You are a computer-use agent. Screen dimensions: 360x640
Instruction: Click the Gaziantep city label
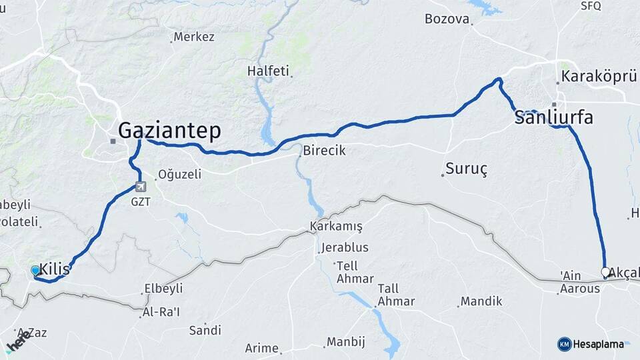point(169,131)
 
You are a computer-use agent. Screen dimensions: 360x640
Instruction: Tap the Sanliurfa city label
point(553,118)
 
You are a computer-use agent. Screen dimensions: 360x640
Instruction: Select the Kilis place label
point(55,269)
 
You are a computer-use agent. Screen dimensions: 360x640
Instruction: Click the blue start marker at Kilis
point(35,271)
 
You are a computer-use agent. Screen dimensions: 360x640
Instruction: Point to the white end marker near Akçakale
point(605,272)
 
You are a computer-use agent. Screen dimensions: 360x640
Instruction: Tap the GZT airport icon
point(140,187)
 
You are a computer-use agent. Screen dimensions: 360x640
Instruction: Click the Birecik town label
point(324,151)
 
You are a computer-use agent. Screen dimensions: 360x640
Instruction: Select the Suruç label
point(467,169)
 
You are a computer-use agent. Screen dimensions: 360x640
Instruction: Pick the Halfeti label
point(268,71)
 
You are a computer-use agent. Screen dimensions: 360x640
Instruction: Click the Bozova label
point(447,19)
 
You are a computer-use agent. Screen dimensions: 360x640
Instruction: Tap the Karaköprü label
point(599,77)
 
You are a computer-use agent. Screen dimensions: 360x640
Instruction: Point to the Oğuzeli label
point(179,175)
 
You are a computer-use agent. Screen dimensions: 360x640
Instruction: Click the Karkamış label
point(336,227)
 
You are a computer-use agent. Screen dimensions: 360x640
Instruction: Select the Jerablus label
point(344,247)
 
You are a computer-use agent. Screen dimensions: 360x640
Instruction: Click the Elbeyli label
point(162,289)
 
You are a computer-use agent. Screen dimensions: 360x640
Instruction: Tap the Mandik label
point(481,301)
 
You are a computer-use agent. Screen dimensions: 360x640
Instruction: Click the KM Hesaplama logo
point(591,344)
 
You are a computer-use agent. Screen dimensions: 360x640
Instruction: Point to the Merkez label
point(193,37)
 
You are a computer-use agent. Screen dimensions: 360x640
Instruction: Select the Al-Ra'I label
point(161,312)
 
